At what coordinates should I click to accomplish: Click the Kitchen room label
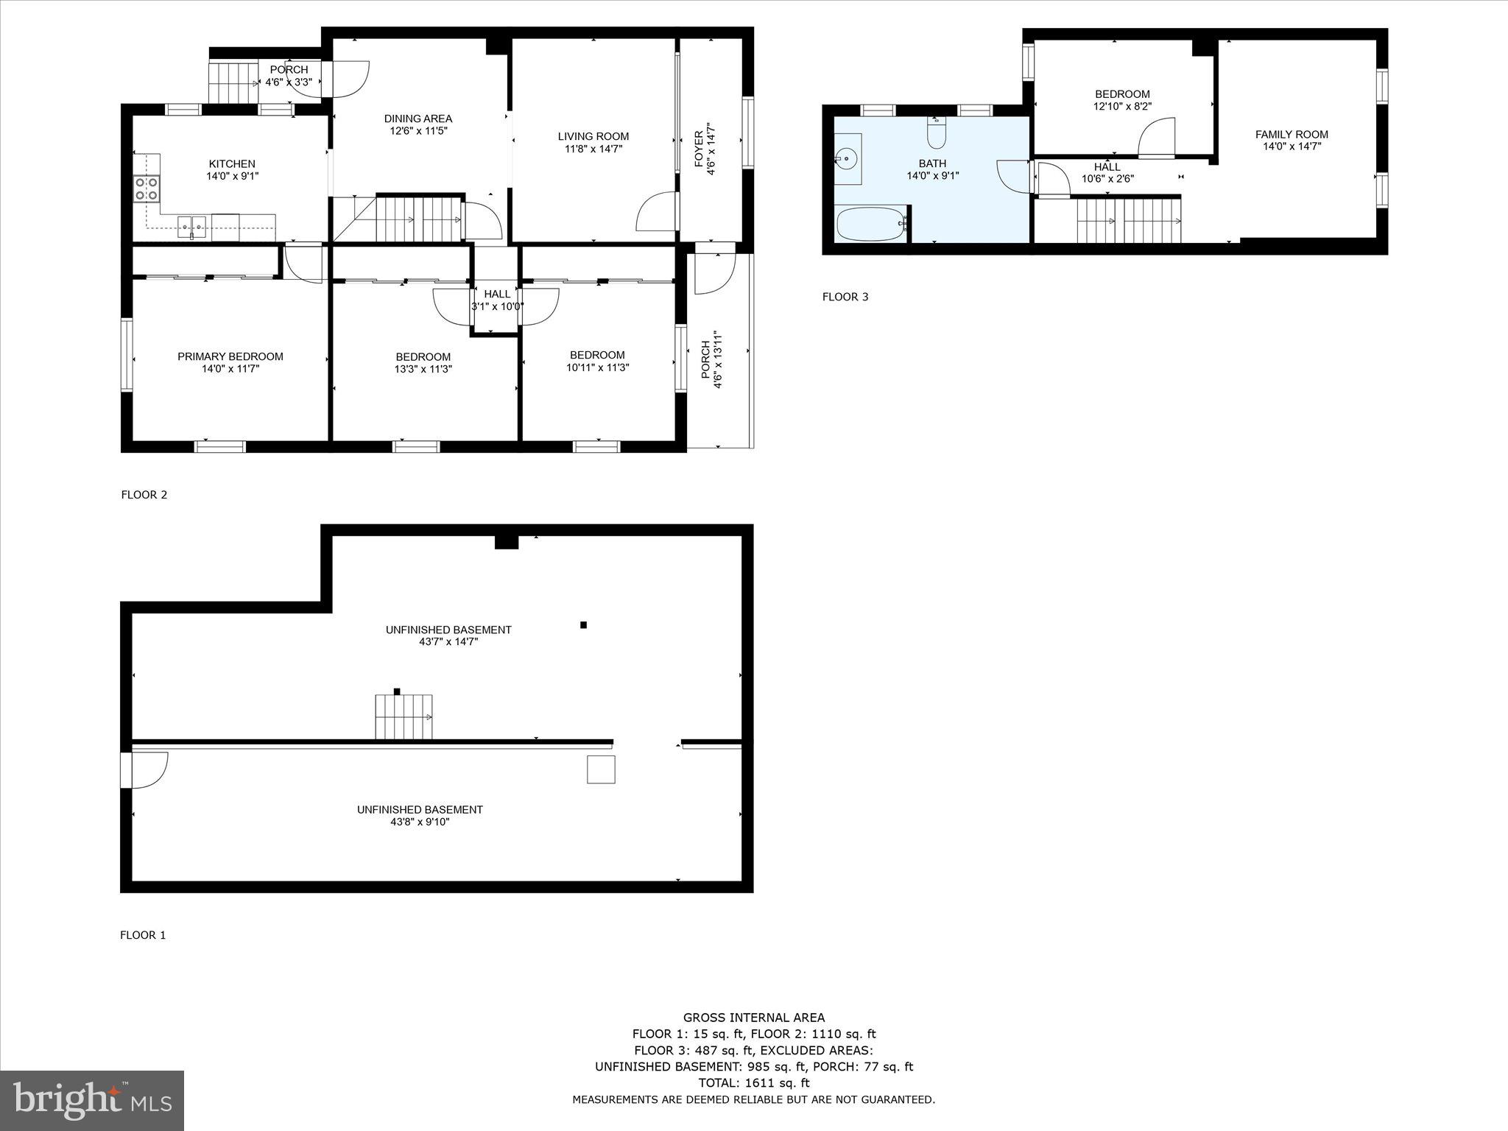click(232, 163)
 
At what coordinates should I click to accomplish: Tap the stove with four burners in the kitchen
click(147, 188)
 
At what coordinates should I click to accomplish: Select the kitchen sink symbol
click(191, 224)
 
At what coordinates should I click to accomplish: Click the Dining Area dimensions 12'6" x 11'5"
click(418, 131)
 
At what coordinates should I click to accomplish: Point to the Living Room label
click(593, 136)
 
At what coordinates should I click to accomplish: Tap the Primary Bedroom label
click(230, 356)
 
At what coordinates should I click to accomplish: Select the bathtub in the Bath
click(870, 223)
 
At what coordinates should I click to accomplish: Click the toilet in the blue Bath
click(936, 132)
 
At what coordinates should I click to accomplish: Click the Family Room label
click(1292, 134)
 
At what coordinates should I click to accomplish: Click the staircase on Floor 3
click(1128, 220)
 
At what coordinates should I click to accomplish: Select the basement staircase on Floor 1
click(404, 717)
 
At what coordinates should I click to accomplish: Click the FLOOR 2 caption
click(144, 495)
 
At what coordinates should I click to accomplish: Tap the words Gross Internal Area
click(753, 1018)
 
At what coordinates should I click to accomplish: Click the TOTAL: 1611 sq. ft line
click(753, 1082)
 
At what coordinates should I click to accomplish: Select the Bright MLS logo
click(92, 1100)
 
